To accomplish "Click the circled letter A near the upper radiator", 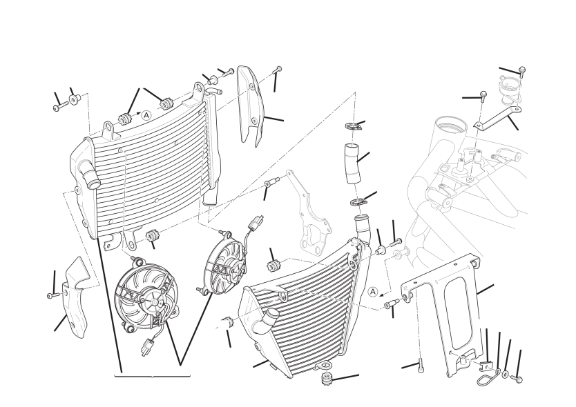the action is point(146,115).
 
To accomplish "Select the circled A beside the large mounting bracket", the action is point(373,292).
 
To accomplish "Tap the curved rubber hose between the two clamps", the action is point(353,163).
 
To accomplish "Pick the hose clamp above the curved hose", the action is point(354,127).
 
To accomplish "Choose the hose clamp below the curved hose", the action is point(359,202).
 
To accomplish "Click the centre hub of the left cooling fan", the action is point(154,302).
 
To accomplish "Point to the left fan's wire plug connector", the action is point(147,348).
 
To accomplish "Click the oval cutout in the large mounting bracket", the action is point(457,312).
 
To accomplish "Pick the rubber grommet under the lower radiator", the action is point(326,379).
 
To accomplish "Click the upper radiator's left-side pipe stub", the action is point(89,175).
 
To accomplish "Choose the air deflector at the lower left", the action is point(76,299).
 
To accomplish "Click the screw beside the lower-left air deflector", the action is point(52,295).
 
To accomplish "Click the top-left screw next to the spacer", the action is point(60,106).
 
